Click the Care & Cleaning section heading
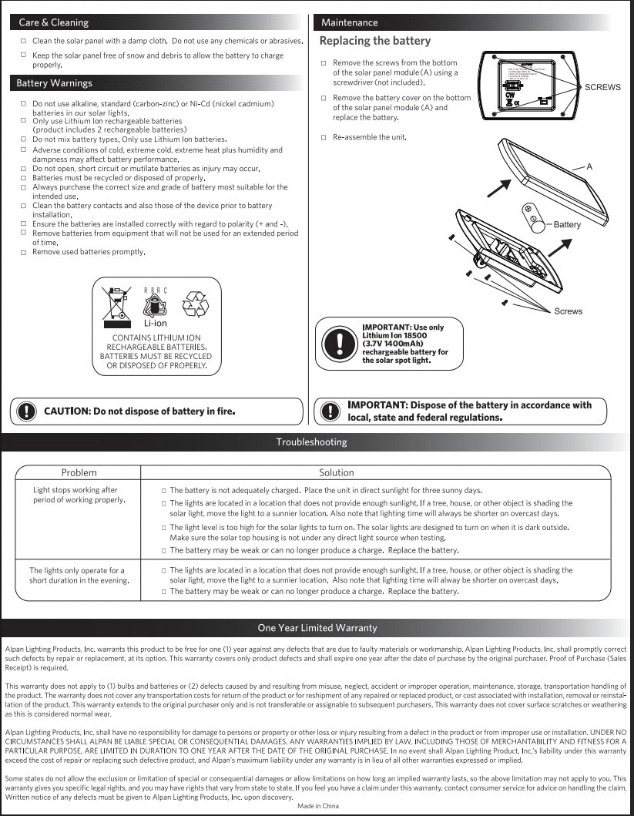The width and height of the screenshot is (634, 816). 53,22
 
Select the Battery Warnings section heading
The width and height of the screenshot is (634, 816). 54,83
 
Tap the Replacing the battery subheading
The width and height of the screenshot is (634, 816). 375,41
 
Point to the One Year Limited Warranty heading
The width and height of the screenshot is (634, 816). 317,628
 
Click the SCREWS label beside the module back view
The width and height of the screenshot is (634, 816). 602,87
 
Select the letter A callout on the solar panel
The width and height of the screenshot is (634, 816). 589,166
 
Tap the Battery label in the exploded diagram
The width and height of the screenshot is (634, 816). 567,224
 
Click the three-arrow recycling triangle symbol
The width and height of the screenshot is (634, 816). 194,305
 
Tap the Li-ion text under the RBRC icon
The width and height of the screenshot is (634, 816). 155,324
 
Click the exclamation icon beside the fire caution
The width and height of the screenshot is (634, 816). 26,411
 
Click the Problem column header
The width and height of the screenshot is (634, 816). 79,472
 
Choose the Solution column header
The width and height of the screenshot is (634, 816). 337,472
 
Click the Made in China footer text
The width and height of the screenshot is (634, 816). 317,806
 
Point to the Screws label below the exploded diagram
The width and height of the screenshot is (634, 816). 568,311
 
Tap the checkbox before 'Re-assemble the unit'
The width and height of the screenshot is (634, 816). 324,137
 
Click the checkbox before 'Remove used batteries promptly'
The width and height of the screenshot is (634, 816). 24,252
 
